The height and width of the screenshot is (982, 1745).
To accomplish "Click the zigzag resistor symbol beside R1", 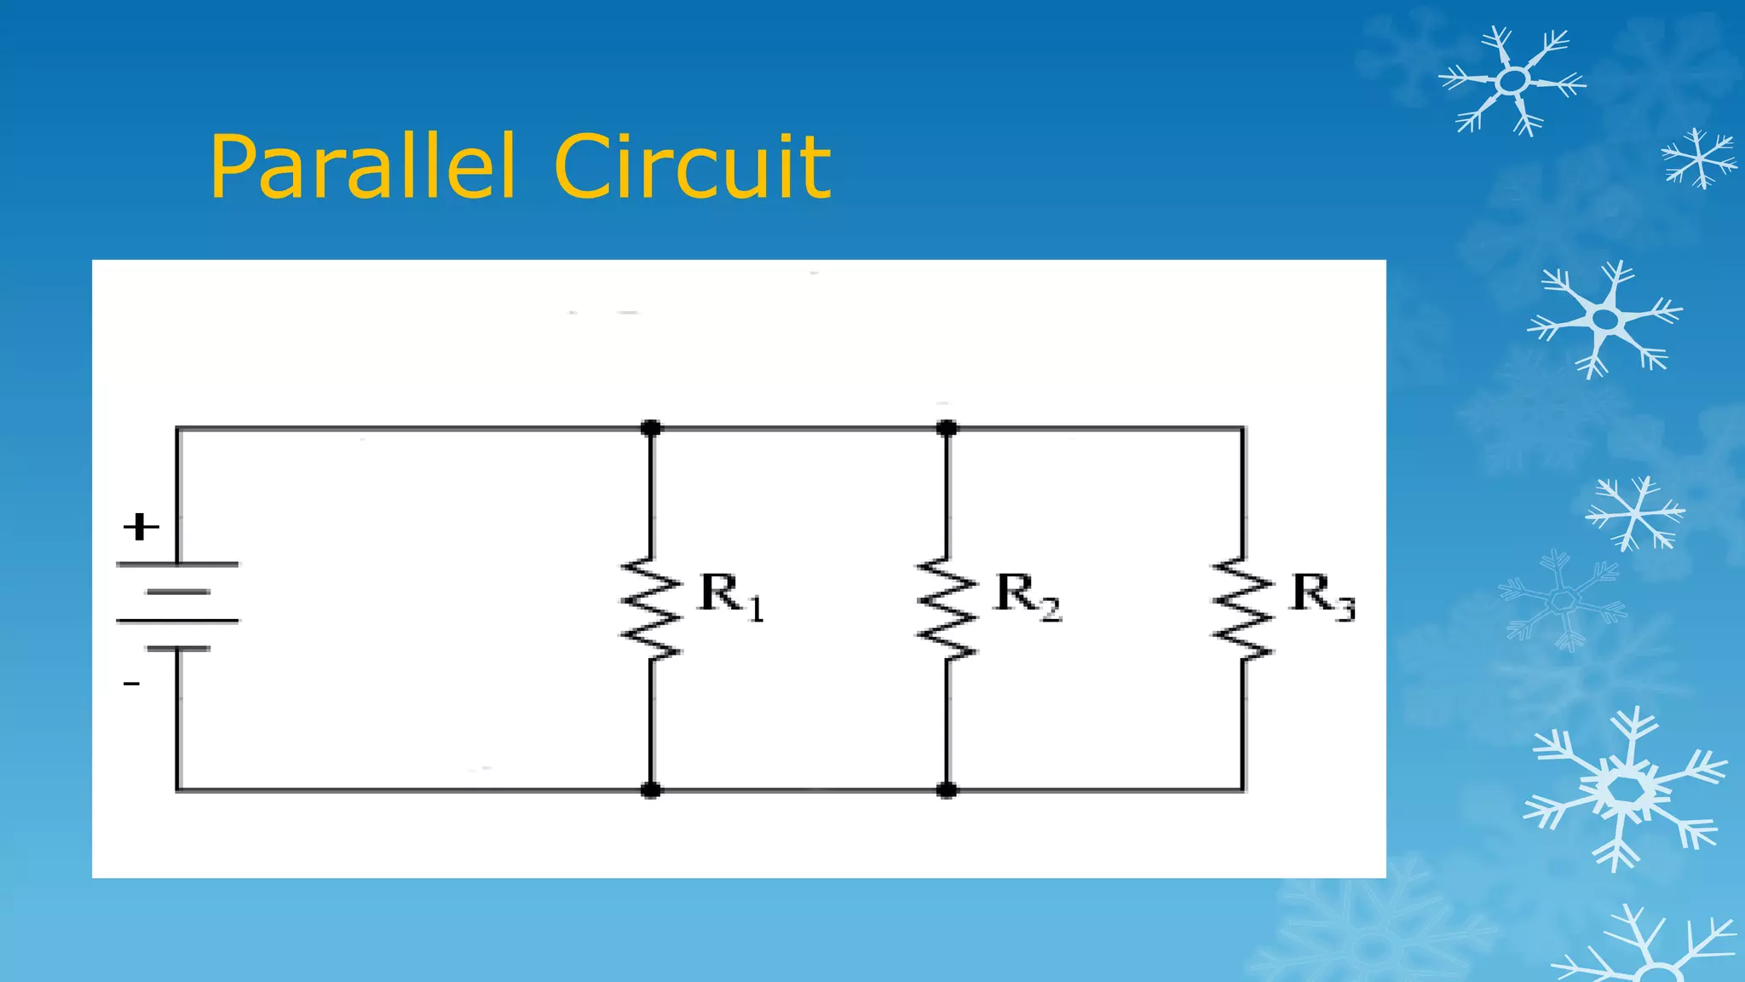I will pos(651,608).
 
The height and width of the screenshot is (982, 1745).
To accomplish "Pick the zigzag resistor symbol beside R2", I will pos(947,608).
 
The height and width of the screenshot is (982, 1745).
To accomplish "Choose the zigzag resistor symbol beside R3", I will pos(1243,608).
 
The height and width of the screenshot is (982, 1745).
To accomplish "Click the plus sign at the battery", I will pos(141,527).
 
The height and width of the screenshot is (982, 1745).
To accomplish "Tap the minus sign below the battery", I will pos(131,684).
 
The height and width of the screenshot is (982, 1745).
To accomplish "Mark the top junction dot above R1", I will pos(651,428).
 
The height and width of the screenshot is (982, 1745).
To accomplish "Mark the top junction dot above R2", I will pos(947,428).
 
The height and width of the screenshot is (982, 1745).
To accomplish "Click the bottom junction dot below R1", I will pos(651,790).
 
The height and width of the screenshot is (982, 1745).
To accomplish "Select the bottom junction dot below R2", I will pos(947,790).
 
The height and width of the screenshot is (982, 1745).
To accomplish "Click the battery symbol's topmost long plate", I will pos(177,564).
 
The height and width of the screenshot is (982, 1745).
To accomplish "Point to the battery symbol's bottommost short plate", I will pos(177,649).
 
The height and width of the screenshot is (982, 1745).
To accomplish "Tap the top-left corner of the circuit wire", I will pos(177,429).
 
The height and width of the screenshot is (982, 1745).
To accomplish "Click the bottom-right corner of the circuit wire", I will pos(1243,790).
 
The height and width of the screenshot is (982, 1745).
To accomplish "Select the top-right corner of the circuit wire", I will pos(1243,429).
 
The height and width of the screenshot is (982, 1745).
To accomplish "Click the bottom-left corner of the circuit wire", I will pos(177,790).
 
